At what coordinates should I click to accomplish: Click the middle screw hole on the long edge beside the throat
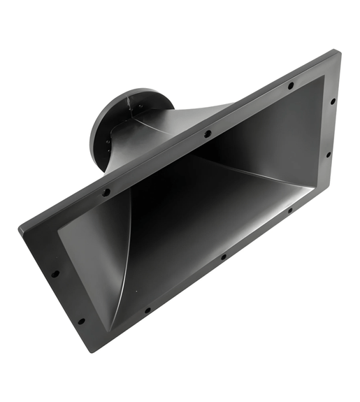[208, 133]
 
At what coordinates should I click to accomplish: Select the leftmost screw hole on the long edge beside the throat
[106, 192]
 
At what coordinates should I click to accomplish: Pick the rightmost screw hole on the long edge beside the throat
[291, 85]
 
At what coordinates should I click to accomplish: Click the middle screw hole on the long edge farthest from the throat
[223, 257]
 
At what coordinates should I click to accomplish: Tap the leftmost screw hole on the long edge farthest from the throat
[147, 310]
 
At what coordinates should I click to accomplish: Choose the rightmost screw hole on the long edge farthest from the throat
[289, 209]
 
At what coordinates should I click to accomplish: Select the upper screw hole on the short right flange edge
[333, 101]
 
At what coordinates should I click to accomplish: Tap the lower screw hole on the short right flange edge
[328, 155]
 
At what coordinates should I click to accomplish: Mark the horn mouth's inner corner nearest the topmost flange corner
[324, 76]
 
